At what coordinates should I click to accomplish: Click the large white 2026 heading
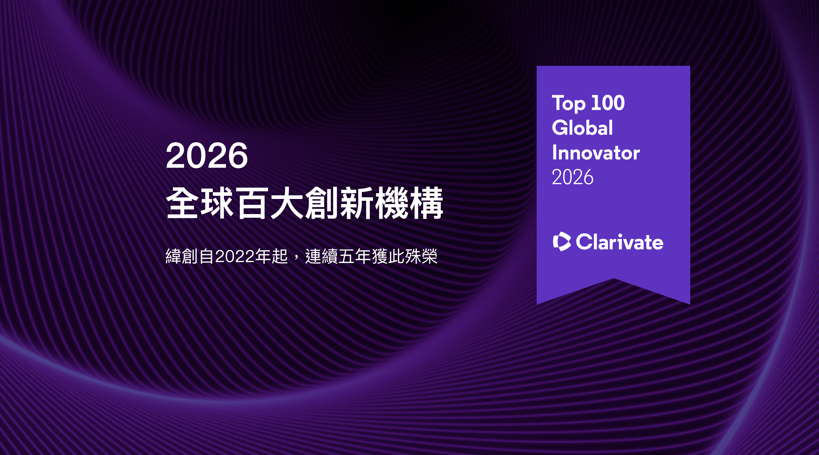(x=207, y=155)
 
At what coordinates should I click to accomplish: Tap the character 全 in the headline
(x=182, y=203)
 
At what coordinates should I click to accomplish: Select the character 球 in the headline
(x=217, y=203)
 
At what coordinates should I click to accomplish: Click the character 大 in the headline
(x=287, y=203)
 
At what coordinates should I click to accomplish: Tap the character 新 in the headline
(x=356, y=203)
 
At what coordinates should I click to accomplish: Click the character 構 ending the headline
(x=426, y=203)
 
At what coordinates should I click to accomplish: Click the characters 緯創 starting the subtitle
(x=182, y=256)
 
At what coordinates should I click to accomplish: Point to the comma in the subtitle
(x=296, y=258)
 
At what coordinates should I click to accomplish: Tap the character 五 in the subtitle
(x=347, y=256)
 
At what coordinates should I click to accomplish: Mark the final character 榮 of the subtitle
(x=429, y=256)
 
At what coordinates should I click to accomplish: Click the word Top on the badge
(x=568, y=104)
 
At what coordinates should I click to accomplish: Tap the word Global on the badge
(x=582, y=128)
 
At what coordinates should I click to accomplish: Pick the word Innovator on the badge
(x=596, y=152)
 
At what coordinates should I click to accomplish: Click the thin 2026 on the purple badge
(x=572, y=177)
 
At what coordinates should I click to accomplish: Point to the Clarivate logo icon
(x=562, y=242)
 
